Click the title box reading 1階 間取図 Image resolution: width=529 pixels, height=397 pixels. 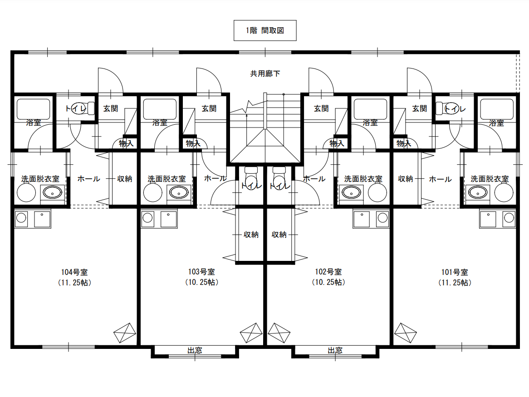[265, 30]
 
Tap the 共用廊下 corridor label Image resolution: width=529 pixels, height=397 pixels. [265, 74]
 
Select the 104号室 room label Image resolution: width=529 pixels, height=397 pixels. [74, 272]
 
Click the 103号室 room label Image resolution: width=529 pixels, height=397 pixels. [201, 272]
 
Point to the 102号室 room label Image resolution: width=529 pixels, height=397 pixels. [328, 272]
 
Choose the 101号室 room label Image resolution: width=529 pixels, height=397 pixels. [455, 272]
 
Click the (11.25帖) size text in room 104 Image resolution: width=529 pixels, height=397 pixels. [74, 283]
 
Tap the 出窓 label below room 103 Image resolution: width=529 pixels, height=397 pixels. [195, 350]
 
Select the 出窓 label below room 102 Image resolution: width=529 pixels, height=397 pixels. [335, 350]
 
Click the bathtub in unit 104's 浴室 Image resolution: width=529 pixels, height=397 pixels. [34, 109]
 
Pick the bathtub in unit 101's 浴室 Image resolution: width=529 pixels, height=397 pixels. [497, 109]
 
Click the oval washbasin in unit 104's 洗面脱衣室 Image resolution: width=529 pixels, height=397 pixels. [52, 192]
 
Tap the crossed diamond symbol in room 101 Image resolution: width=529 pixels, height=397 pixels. [406, 333]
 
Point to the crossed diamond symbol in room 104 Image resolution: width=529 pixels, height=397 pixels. [125, 333]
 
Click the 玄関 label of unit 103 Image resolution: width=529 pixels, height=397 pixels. [209, 108]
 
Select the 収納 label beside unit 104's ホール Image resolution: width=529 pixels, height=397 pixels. [124, 179]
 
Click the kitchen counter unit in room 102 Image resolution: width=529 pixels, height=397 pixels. [371, 218]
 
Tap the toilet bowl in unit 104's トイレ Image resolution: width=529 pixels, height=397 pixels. [79, 108]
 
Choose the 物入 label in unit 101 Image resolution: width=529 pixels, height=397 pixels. [404, 143]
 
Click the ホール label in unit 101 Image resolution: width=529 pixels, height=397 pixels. [440, 179]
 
